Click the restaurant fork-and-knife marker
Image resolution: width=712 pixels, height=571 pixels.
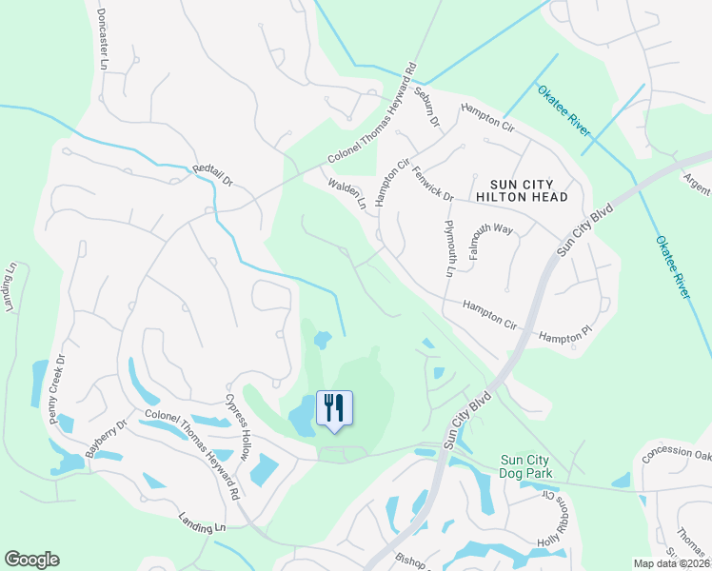click(x=333, y=408)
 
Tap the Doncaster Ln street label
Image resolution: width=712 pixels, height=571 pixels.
click(x=103, y=39)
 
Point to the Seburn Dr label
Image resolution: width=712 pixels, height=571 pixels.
click(x=426, y=107)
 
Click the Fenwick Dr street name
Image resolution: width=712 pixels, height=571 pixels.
click(x=433, y=182)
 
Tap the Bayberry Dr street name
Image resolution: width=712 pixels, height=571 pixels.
click(x=105, y=439)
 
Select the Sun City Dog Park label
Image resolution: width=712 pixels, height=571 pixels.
click(x=539, y=467)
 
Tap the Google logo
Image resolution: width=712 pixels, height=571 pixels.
click(x=31, y=560)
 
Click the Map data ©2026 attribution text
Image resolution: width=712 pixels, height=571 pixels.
click(x=671, y=563)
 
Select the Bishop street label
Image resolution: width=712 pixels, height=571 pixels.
click(x=415, y=560)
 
